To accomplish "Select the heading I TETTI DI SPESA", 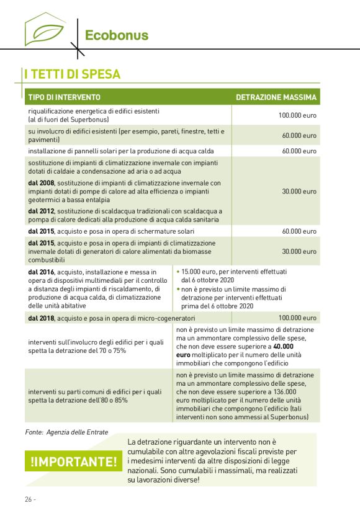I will point(72,74).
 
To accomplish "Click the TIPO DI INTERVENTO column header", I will point(64,97).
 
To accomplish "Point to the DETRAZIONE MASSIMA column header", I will point(276,97).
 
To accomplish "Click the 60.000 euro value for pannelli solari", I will point(299,151).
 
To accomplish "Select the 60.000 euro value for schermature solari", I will point(299,231).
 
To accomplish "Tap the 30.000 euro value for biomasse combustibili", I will point(299,251).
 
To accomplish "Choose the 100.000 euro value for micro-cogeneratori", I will point(297,318).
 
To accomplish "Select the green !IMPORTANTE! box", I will point(73,462).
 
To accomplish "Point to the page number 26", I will point(30,499).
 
